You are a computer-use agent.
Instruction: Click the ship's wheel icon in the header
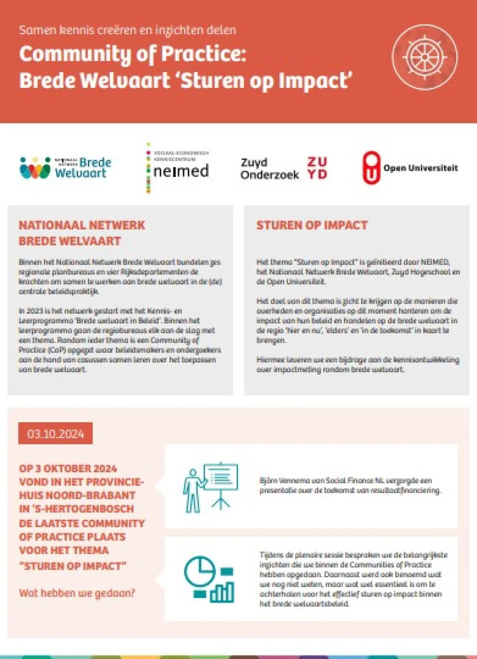[x=425, y=57]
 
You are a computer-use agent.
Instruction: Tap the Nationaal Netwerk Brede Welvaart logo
[x=65, y=168]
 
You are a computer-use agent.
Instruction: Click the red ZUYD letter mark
[x=317, y=168]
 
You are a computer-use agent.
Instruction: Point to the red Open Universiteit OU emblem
[x=371, y=167]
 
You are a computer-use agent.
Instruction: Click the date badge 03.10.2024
[x=55, y=434]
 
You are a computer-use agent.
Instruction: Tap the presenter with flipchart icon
[x=210, y=487]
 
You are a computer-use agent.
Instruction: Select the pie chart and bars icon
[x=209, y=579]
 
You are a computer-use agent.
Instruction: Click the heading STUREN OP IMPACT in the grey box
[x=312, y=225]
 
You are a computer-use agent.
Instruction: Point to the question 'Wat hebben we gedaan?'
[x=77, y=593]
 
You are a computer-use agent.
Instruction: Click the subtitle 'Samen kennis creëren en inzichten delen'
[x=127, y=30]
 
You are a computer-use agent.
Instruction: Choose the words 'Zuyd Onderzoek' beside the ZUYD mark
[x=269, y=169]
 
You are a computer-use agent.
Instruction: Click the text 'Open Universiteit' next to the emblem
[x=420, y=168]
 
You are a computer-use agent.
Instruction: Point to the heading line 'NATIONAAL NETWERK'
[x=82, y=225]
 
